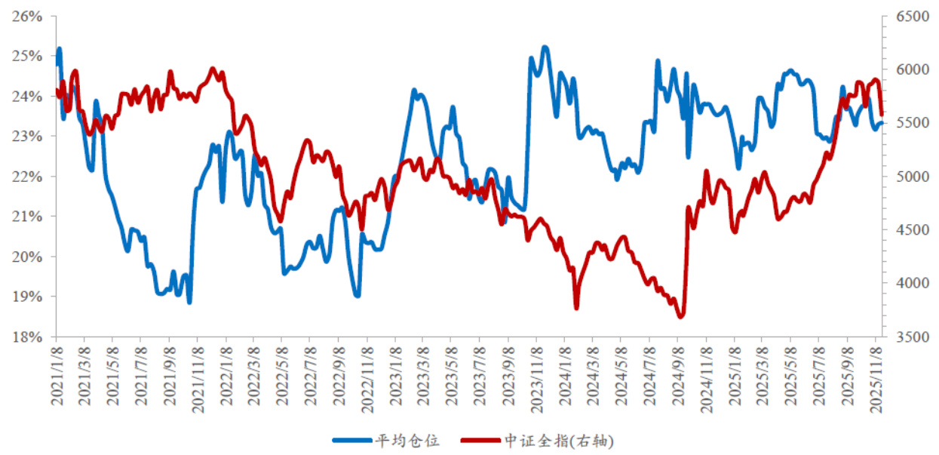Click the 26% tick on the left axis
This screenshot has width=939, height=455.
(x=27, y=16)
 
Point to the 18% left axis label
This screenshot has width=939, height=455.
(x=27, y=337)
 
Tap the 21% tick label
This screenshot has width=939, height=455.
(x=27, y=217)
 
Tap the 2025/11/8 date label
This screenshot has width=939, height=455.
(x=876, y=377)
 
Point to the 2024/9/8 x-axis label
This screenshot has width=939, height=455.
(x=678, y=377)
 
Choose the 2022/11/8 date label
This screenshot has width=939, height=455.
(x=367, y=377)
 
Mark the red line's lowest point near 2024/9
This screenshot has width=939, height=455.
(x=680, y=316)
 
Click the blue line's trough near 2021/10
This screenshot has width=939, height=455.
(x=189, y=302)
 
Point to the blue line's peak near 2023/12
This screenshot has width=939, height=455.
(x=545, y=48)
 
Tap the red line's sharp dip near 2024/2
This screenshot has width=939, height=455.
(x=576, y=307)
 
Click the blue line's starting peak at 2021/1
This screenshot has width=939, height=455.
(x=59, y=50)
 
